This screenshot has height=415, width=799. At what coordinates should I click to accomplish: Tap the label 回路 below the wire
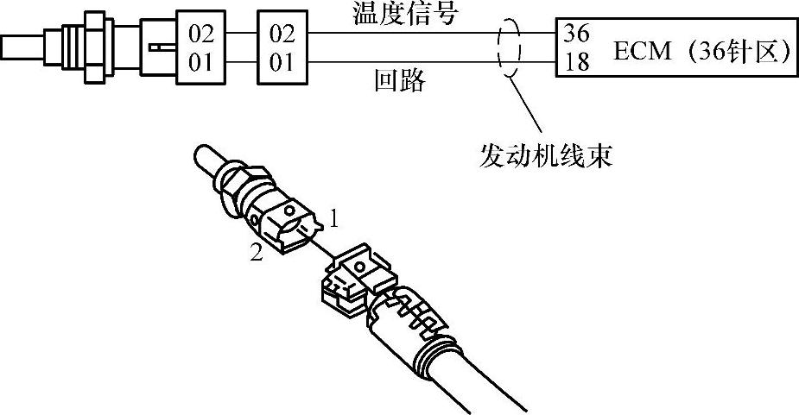point(400,82)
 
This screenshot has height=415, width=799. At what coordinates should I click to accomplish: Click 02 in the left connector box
point(200,35)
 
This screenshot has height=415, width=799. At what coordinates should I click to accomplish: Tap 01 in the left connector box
point(200,62)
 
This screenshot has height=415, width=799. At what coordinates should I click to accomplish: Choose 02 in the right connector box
point(282,35)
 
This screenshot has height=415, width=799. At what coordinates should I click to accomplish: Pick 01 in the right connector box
point(282,62)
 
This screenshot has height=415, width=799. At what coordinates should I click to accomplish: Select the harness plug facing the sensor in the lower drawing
point(354,276)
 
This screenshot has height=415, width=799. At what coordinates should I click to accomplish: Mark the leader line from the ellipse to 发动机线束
point(528,107)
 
